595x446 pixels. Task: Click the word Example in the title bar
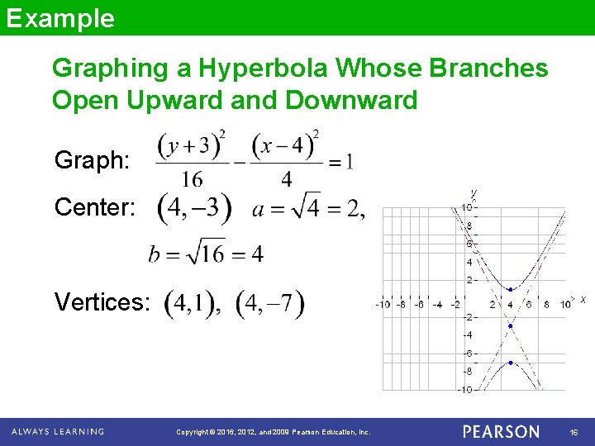(x=60, y=18)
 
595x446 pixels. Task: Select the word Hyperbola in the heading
(x=259, y=68)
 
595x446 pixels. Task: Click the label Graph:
(x=92, y=159)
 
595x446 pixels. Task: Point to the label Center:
(x=95, y=206)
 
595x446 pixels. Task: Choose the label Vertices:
(x=102, y=302)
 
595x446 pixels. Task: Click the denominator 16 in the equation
(x=193, y=178)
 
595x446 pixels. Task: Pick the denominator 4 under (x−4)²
(x=286, y=178)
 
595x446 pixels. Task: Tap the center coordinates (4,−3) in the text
(x=194, y=207)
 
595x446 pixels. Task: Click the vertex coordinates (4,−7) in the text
(x=270, y=303)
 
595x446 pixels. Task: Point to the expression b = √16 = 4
(x=206, y=254)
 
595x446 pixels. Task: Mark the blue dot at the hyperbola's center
(x=511, y=326)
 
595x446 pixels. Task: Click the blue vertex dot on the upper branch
(x=511, y=290)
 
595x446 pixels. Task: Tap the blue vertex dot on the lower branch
(x=511, y=363)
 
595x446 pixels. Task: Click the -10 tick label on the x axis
(x=383, y=305)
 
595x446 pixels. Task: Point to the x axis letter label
(x=583, y=300)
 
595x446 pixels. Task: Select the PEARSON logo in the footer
(x=501, y=431)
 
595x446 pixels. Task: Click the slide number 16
(x=574, y=432)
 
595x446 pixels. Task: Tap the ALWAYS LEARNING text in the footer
(x=58, y=431)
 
